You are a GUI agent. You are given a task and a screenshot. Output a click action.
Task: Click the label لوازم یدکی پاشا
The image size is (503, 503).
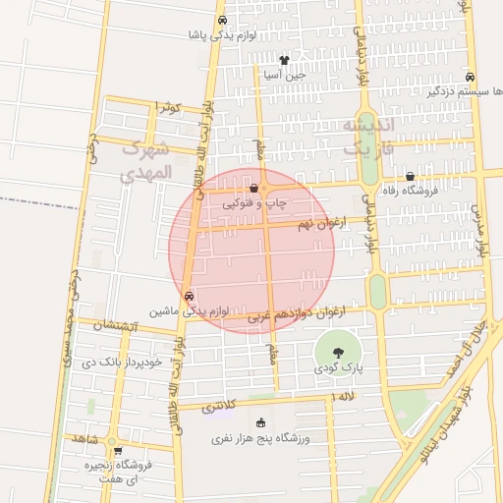[223, 35]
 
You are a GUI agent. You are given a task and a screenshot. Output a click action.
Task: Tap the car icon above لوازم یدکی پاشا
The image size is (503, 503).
[223, 21]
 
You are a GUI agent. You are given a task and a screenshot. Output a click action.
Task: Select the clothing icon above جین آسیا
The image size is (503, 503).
[284, 60]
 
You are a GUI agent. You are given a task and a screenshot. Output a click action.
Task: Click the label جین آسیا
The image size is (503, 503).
[284, 74]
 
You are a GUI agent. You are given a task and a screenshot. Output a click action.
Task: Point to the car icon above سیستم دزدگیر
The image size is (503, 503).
[471, 77]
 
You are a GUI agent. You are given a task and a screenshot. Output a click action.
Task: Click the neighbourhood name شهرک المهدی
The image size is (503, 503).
[145, 161]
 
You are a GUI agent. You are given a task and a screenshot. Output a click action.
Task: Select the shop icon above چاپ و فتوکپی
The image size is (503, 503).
[254, 189]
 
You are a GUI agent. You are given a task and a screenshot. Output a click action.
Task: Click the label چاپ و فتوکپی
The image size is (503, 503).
[254, 203]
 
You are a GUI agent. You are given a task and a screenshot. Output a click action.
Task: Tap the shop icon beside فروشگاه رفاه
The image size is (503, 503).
[410, 177]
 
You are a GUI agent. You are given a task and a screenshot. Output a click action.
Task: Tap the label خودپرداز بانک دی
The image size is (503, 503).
[114, 361]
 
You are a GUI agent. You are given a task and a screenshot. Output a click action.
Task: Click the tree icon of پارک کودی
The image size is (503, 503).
[338, 351]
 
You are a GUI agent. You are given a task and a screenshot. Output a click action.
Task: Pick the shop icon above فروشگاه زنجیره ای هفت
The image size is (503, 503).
[118, 452]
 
